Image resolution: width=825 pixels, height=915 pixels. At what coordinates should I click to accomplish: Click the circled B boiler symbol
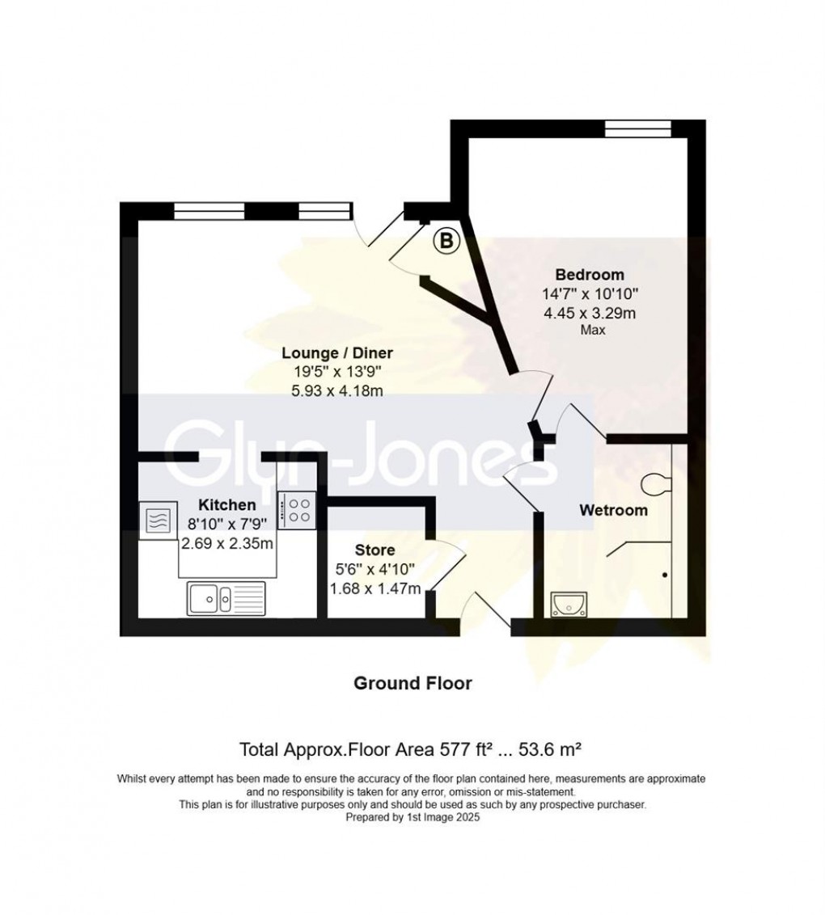(x=446, y=240)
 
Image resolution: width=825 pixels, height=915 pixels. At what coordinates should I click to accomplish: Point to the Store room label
(x=374, y=551)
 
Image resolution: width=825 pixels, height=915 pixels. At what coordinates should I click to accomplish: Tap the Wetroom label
(x=614, y=510)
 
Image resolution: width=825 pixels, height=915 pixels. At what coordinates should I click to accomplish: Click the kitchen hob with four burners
(x=295, y=509)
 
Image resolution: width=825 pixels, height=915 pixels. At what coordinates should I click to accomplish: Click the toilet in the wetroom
(x=656, y=484)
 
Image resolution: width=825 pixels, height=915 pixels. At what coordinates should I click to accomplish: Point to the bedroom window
(x=638, y=127)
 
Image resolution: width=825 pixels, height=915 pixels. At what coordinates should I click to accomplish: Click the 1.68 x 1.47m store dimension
(x=374, y=588)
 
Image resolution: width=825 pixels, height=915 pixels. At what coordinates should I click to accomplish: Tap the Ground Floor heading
(x=412, y=683)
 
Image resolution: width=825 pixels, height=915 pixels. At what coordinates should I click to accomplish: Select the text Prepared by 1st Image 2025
(x=412, y=817)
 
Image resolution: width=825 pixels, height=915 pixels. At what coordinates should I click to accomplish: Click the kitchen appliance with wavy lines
(x=157, y=518)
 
